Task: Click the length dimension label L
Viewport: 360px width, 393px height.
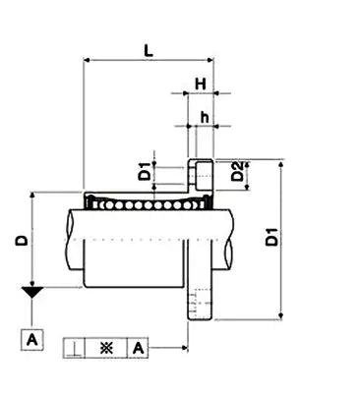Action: coord(149,47)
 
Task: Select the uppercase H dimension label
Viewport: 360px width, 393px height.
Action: coord(200,84)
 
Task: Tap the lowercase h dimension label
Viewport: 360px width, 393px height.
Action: coord(204,117)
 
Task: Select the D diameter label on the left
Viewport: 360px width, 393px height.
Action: coord(20,239)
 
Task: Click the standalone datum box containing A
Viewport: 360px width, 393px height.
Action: coord(33,340)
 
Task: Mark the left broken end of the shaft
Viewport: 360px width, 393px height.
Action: coord(70,239)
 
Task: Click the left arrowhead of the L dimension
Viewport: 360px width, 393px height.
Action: coord(90,60)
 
